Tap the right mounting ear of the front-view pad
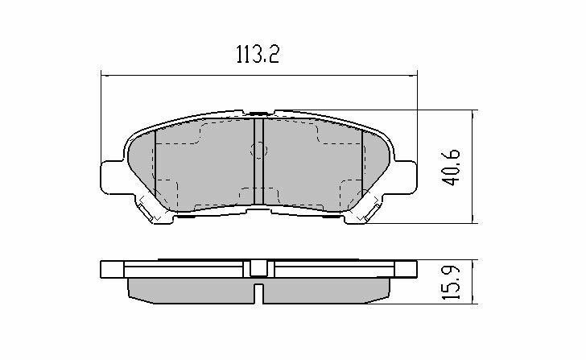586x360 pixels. pyautogui.click(x=406, y=176)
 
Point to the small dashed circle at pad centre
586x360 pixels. pyautogui.click(x=259, y=149)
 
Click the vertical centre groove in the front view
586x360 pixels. pyautogui.click(x=258, y=165)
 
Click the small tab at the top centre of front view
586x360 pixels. pyautogui.click(x=258, y=114)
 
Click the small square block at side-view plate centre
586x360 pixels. pyautogui.click(x=258, y=269)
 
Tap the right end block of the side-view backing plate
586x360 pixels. pyautogui.click(x=406, y=270)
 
